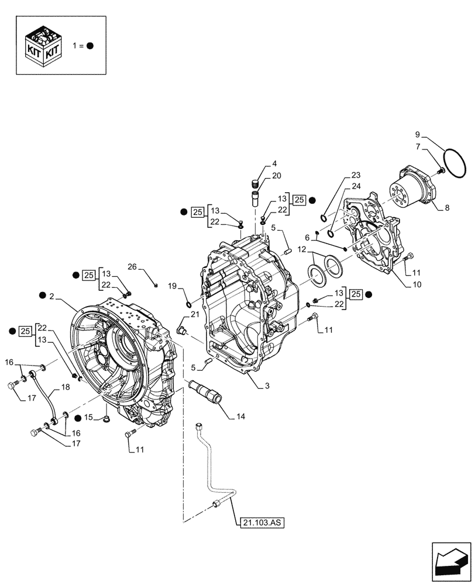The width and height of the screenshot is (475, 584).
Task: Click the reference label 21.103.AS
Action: (x=261, y=523)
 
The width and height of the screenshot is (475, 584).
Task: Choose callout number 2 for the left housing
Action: (x=52, y=297)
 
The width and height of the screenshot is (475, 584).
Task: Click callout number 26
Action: (x=132, y=267)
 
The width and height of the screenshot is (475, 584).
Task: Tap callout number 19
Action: (x=173, y=286)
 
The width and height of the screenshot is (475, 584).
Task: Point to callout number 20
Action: (x=277, y=176)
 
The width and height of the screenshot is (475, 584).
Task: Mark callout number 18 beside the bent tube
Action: (x=64, y=388)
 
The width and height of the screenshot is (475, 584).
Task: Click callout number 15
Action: (x=88, y=417)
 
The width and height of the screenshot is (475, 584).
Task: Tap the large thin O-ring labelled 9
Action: (x=452, y=158)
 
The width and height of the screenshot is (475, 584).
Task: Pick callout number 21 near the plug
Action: (x=195, y=315)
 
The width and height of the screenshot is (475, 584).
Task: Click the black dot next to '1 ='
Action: (x=91, y=46)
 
